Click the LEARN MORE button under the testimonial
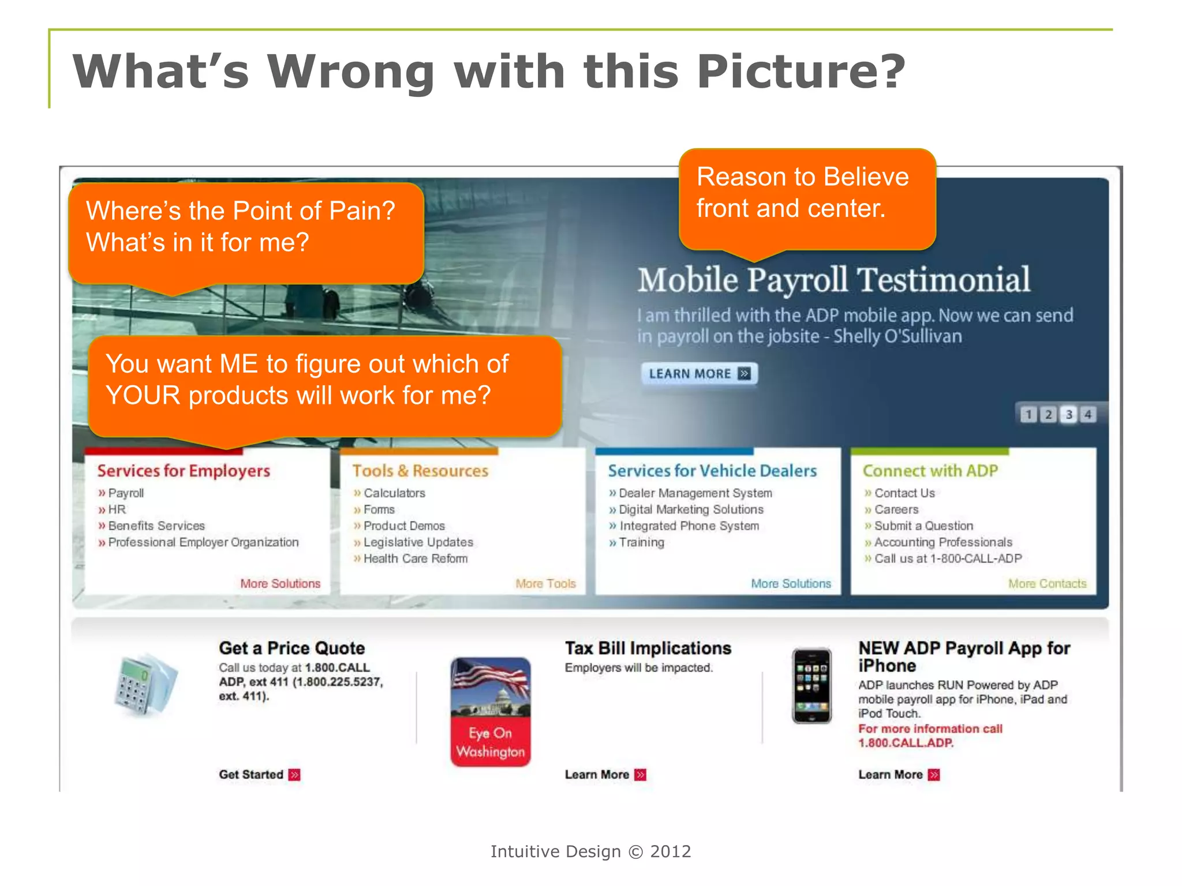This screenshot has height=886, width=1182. coord(699,374)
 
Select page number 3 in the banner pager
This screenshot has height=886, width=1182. coord(1069,414)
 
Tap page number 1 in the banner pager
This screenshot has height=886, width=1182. coord(1028,414)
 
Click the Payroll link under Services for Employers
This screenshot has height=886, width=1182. coord(126,493)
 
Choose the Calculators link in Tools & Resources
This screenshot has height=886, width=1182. coord(394,493)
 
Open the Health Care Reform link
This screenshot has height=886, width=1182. coord(415,558)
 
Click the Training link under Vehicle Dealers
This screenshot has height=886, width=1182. coord(641,542)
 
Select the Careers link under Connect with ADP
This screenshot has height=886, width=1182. coord(896,509)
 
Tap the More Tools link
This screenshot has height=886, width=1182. coord(545,584)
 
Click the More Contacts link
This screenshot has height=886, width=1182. coord(1047,584)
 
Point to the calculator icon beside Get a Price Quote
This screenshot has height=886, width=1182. coord(144,685)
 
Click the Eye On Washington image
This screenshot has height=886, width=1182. coord(491,712)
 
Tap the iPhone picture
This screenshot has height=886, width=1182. coord(811,685)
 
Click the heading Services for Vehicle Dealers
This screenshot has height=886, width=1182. coord(712,471)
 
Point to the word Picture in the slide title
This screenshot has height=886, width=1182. coord(801,72)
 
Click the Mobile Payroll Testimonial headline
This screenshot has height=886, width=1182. coord(833,280)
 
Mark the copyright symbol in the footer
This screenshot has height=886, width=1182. coord(635,852)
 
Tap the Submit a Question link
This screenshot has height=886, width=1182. coord(923,526)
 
